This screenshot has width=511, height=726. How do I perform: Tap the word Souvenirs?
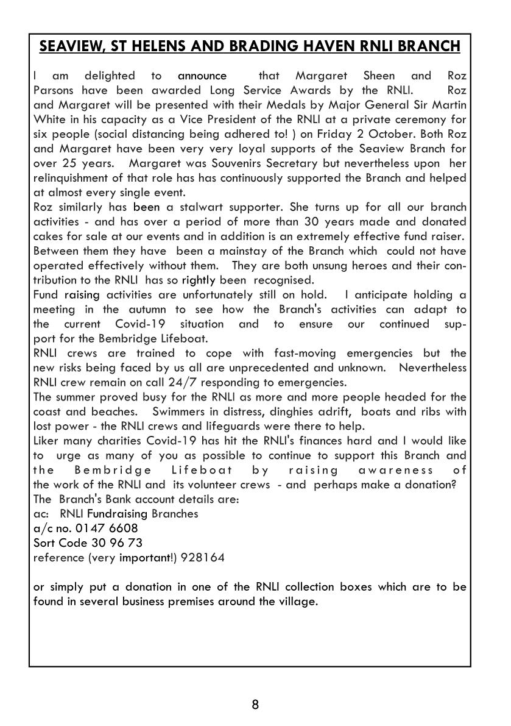coord(250,163)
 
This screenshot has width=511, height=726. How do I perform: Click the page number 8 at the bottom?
coord(255,705)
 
